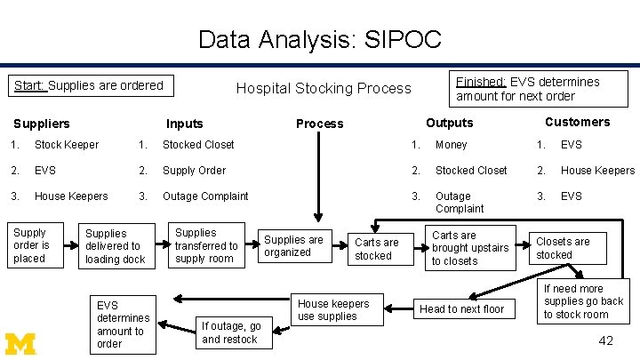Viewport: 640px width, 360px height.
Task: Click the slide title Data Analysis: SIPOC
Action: tap(319, 39)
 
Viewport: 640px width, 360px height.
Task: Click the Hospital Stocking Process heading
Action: tap(324, 88)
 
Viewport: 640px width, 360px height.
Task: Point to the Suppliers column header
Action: tap(41, 124)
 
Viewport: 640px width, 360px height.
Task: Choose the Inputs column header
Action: tap(184, 124)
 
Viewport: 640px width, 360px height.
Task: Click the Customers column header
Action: tap(577, 122)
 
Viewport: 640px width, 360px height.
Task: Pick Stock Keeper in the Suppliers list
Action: tap(67, 145)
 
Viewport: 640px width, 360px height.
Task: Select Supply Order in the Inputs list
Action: tap(194, 171)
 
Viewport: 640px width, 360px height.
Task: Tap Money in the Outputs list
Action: tap(451, 145)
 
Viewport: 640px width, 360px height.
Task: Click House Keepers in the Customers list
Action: tap(597, 171)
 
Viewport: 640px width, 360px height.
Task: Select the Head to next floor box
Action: tap(462, 308)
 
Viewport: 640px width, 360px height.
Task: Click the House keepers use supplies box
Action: tap(332, 309)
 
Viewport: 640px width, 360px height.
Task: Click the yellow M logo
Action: tap(21, 341)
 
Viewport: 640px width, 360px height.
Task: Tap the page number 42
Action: tap(605, 341)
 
